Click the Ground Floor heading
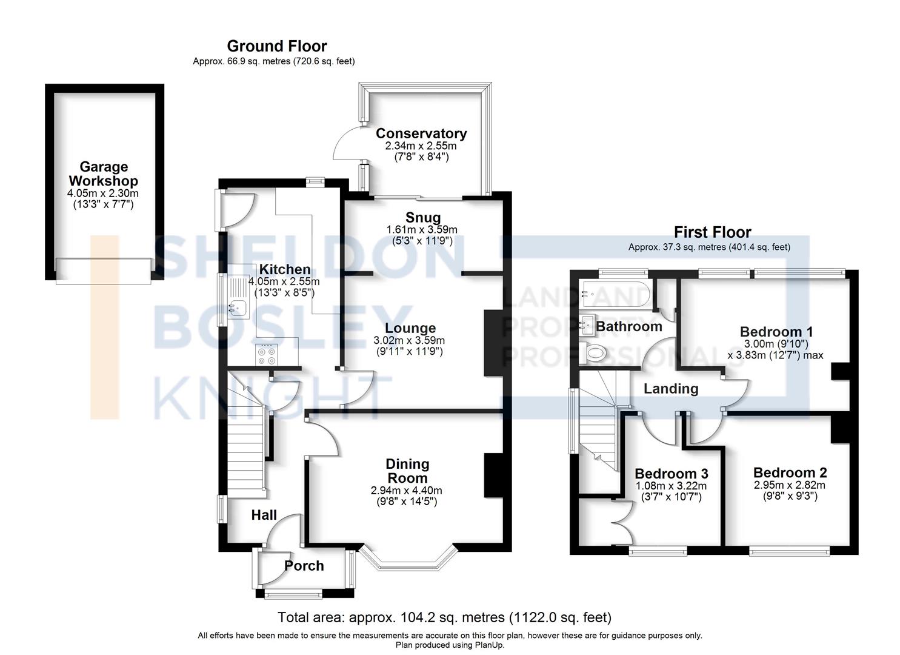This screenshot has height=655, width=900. click(x=277, y=46)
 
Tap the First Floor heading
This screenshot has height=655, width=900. click(x=712, y=232)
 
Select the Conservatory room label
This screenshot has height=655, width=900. click(x=421, y=133)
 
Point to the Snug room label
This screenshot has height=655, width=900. click(x=423, y=218)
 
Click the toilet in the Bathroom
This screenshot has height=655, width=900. click(x=593, y=354)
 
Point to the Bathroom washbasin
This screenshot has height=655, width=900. click(x=587, y=326)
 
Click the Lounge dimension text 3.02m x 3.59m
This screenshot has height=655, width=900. click(x=409, y=341)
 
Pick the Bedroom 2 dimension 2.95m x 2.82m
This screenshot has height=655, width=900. click(x=790, y=485)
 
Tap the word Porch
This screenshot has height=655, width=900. click(x=304, y=566)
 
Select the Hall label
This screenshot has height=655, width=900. click(x=264, y=515)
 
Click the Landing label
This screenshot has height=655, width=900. click(x=671, y=389)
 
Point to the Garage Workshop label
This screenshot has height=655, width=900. click(x=103, y=173)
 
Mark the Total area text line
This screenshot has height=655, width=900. click(x=444, y=617)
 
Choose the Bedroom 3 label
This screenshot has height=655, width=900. click(x=672, y=473)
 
